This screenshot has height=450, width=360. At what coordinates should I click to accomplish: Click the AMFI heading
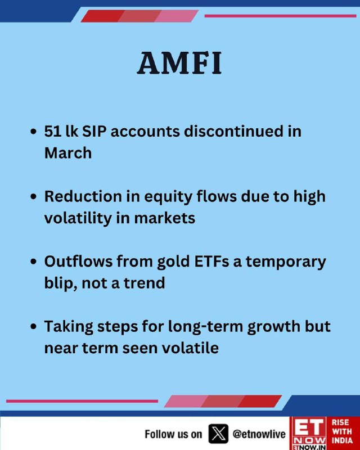(x=179, y=63)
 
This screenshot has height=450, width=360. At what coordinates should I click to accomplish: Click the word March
(x=68, y=152)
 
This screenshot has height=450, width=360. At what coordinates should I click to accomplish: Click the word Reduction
(x=83, y=196)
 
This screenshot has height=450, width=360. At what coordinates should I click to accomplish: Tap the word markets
(x=164, y=218)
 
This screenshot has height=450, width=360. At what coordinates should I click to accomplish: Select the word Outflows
(x=78, y=262)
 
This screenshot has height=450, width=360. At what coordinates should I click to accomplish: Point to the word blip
(x=61, y=284)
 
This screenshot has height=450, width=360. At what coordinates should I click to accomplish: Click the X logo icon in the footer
(x=218, y=434)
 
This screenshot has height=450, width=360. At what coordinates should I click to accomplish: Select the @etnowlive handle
(x=259, y=434)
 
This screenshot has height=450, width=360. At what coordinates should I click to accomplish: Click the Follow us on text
(x=173, y=434)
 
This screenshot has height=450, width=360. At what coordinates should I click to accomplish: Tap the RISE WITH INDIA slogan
(x=342, y=431)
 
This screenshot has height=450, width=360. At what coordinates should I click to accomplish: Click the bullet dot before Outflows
(x=34, y=262)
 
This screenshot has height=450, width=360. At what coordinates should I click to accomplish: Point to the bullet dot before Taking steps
(x=34, y=327)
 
